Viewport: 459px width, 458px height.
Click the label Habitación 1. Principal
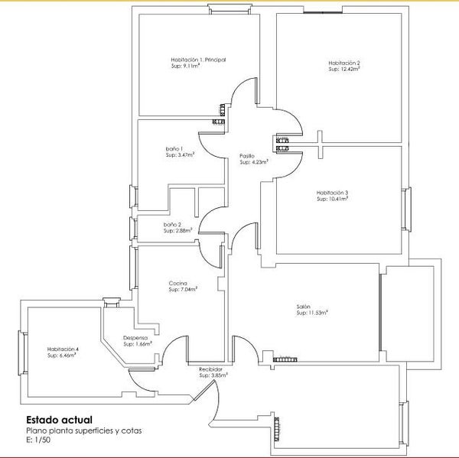pyautogui.click(x=197, y=60)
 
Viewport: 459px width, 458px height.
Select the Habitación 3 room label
pyautogui.click(x=332, y=193)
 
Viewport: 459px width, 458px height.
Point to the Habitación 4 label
pyautogui.click(x=63, y=349)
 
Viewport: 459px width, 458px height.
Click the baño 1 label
pyautogui.click(x=174, y=148)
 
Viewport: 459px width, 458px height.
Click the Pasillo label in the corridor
pyautogui.click(x=247, y=156)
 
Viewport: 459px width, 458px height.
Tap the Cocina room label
pyautogui.click(x=177, y=284)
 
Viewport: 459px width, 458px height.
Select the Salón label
pyautogui.click(x=303, y=307)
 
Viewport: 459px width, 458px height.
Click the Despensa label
pyautogui.click(x=135, y=338)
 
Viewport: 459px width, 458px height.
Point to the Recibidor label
pyautogui.click(x=210, y=369)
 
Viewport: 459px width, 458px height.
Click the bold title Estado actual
pyautogui.click(x=60, y=420)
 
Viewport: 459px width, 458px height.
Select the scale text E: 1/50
pyautogui.click(x=38, y=440)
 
